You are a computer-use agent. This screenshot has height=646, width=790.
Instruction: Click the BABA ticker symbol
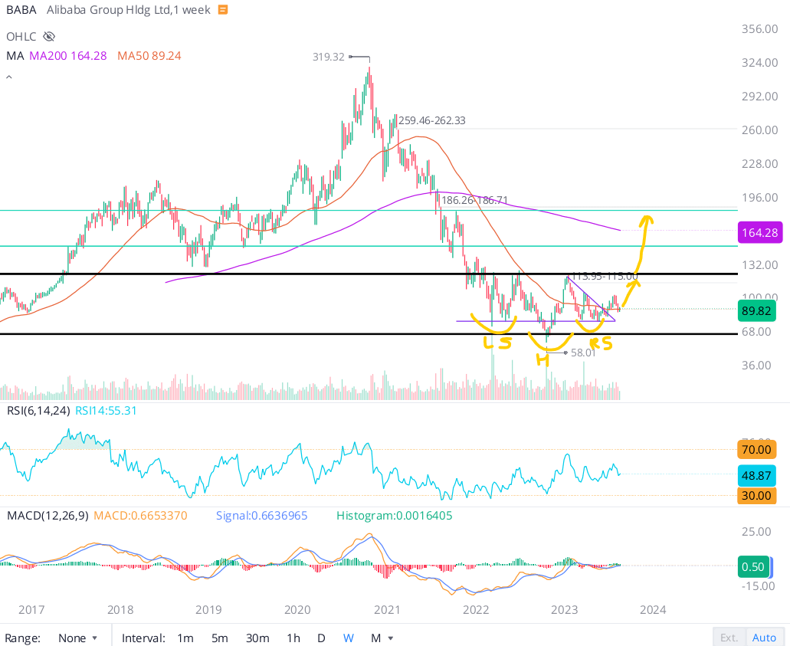pyautogui.click(x=21, y=10)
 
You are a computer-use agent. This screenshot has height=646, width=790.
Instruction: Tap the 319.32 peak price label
pyautogui.click(x=328, y=57)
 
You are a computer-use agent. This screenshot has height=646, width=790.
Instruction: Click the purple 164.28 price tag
pyautogui.click(x=760, y=232)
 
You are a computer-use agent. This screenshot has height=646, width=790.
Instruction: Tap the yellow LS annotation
pyautogui.click(x=497, y=342)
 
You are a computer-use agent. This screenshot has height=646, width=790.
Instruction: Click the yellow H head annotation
pyautogui.click(x=542, y=359)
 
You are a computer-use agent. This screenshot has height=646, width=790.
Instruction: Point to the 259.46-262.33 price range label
pyautogui.click(x=431, y=120)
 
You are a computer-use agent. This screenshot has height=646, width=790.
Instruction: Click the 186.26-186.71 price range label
pyautogui.click(x=474, y=200)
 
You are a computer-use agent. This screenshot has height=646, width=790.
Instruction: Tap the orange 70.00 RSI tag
pyautogui.click(x=757, y=449)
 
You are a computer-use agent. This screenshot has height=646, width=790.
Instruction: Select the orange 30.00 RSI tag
pyautogui.click(x=757, y=496)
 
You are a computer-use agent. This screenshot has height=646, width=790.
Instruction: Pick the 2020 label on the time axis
pyautogui.click(x=297, y=610)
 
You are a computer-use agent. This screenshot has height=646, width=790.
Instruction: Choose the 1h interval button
pyautogui.click(x=293, y=638)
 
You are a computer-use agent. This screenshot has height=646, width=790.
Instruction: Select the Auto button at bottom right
pyautogui.click(x=764, y=638)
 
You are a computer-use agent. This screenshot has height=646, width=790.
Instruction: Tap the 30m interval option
pyautogui.click(x=257, y=638)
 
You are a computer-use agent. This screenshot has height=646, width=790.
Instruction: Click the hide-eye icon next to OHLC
pyautogui.click(x=50, y=36)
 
